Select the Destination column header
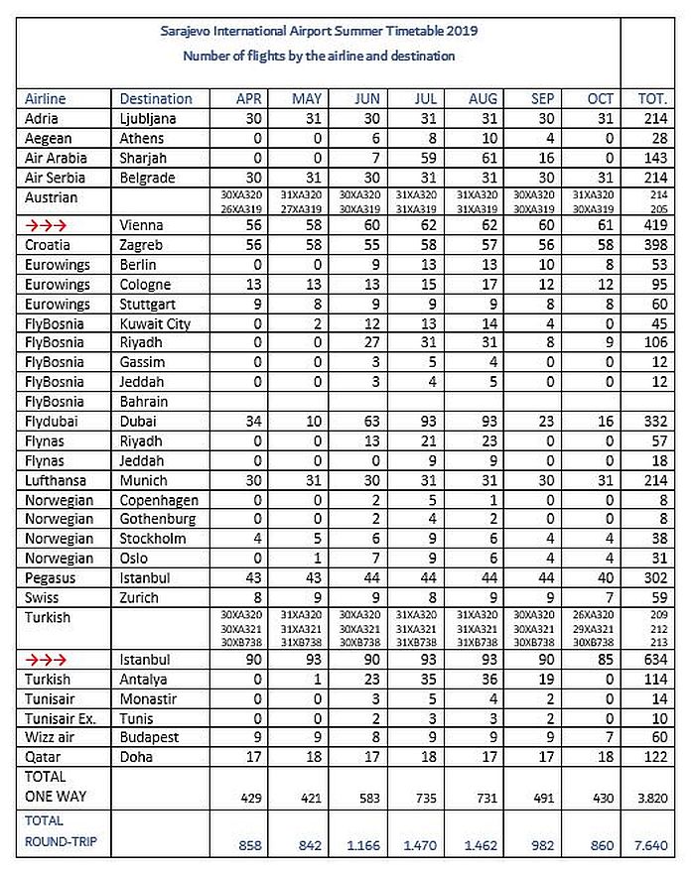(x=156, y=99)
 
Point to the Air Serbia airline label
(x=54, y=179)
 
